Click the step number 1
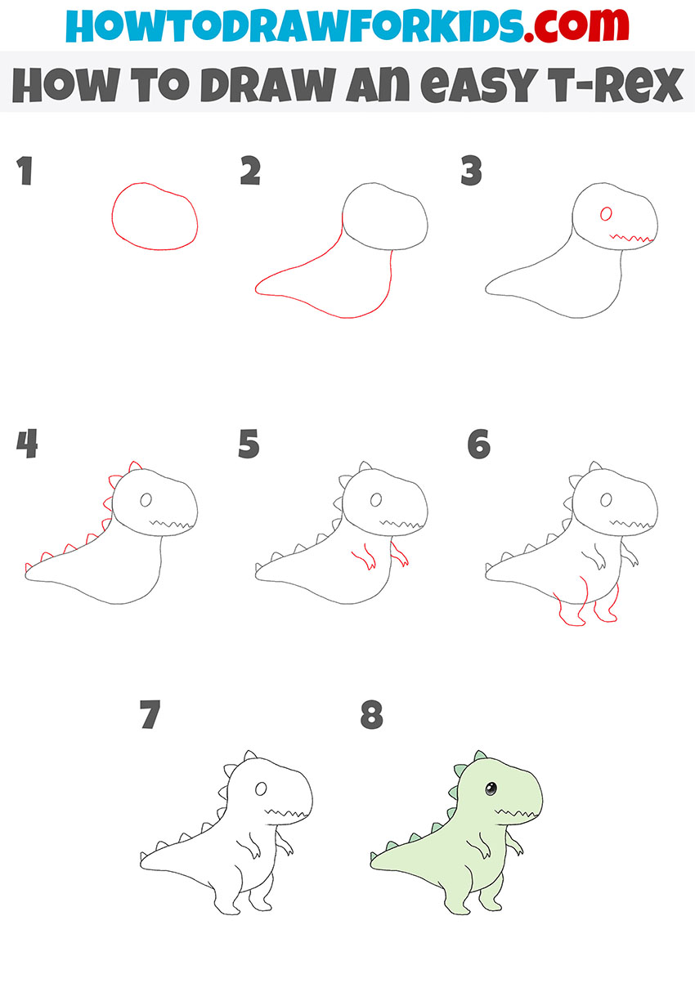click(25, 172)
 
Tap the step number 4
click(27, 445)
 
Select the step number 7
click(149, 717)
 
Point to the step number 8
click(372, 717)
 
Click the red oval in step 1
click(155, 217)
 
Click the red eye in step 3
click(606, 214)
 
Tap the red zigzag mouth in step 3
click(631, 239)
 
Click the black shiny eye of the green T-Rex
click(490, 789)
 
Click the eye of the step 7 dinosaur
click(261, 789)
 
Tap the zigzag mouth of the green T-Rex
click(516, 813)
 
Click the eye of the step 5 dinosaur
click(376, 499)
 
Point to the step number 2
click(250, 172)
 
